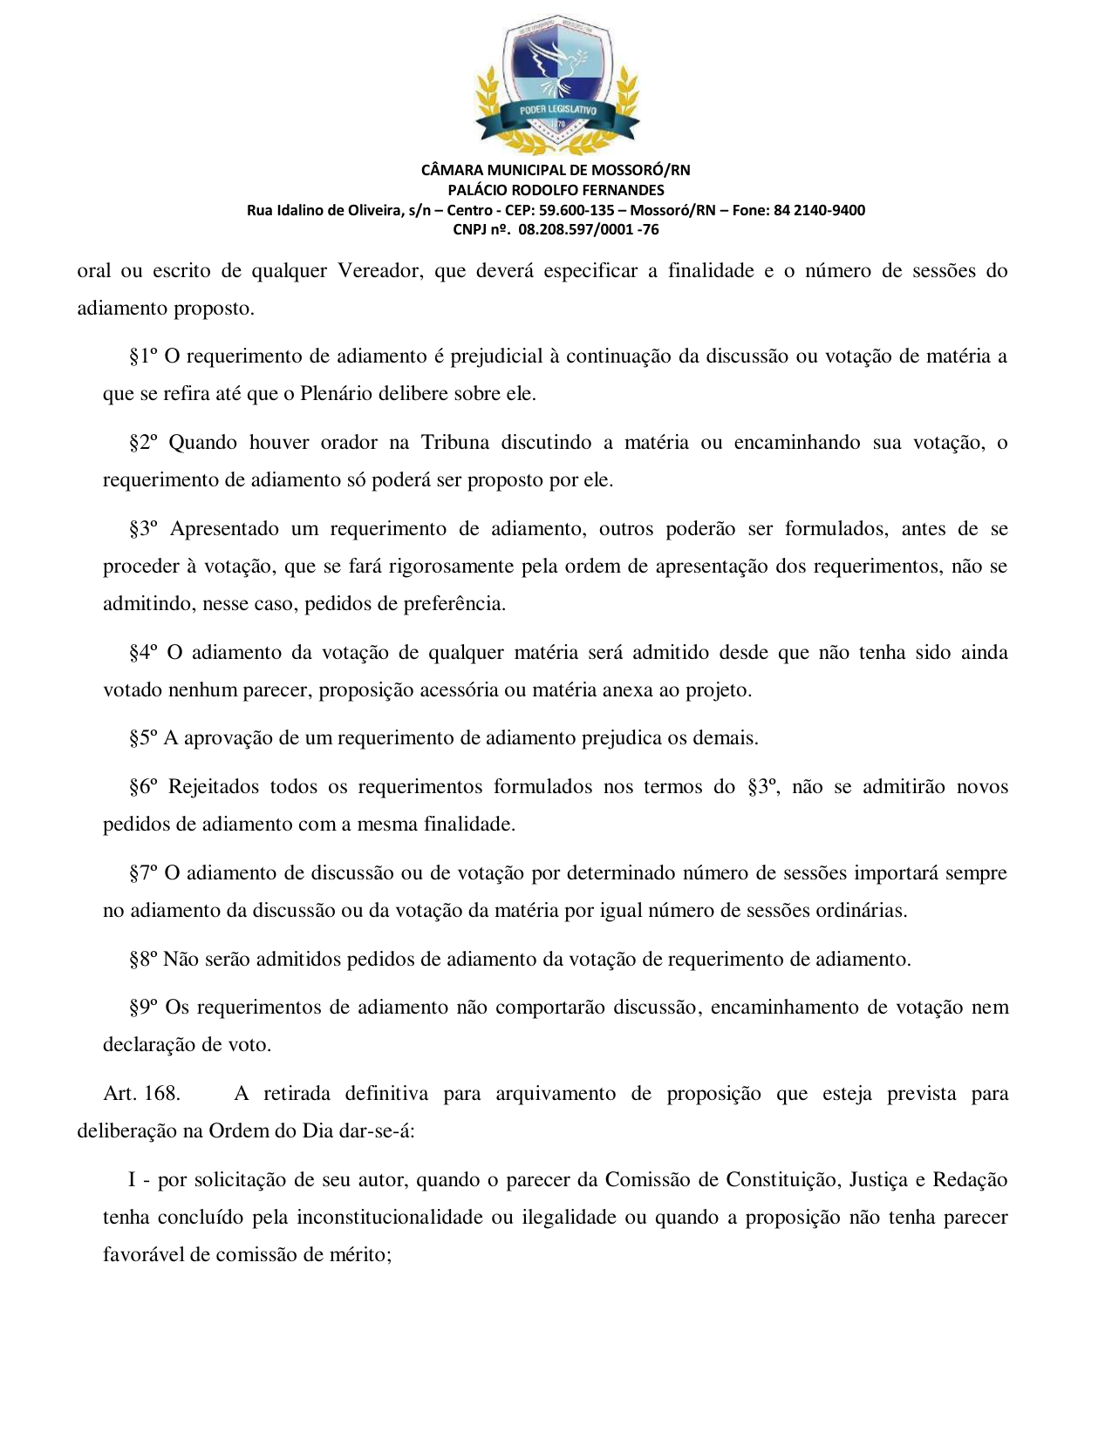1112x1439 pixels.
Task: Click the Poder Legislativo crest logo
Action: pos(556,85)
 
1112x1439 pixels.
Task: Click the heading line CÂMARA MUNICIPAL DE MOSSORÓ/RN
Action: pos(556,170)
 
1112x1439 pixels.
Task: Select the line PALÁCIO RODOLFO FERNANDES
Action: pos(556,190)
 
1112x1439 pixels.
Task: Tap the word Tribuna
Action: pos(454,443)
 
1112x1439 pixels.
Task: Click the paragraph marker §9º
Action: pos(144,1008)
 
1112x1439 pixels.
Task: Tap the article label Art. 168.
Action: pos(141,1094)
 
